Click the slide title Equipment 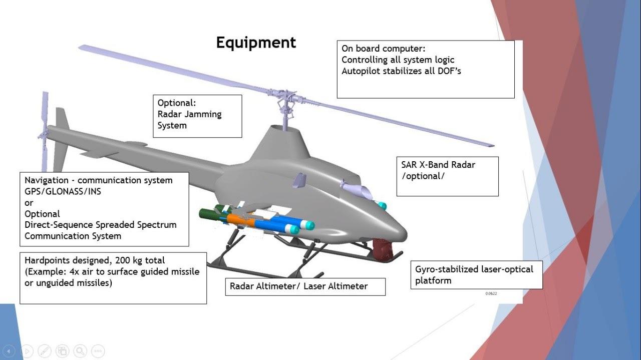[x=256, y=43]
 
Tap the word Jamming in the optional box [x=203, y=114]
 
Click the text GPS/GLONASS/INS [x=63, y=191]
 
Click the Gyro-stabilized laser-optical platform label [x=474, y=274]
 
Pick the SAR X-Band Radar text [x=438, y=165]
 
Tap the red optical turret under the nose [x=384, y=249]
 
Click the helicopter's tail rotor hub [x=44, y=135]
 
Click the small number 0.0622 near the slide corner [x=491, y=293]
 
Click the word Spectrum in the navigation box [x=157, y=225]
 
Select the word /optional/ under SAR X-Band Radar [x=423, y=176]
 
